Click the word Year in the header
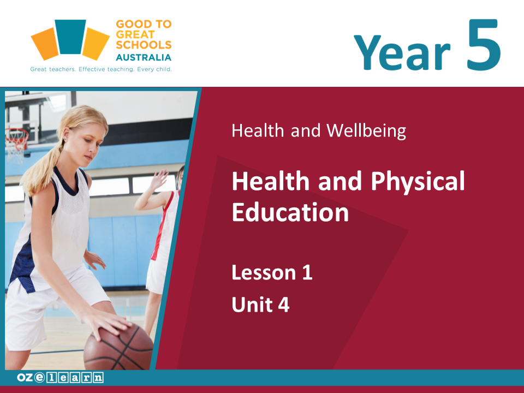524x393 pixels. tap(402, 52)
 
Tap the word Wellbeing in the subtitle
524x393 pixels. tap(366, 130)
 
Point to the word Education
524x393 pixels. tap(290, 212)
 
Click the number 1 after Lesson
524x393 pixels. tap(307, 272)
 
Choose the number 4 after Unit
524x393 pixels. tap(283, 305)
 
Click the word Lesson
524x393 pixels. tap(264, 272)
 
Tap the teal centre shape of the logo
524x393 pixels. tap(70, 37)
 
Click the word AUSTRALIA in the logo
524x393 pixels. tap(144, 57)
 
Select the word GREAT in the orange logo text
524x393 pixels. tap(135, 34)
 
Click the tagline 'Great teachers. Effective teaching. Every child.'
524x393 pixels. tap(101, 69)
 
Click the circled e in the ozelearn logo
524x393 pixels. tap(39, 377)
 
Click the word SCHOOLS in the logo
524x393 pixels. tap(144, 45)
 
